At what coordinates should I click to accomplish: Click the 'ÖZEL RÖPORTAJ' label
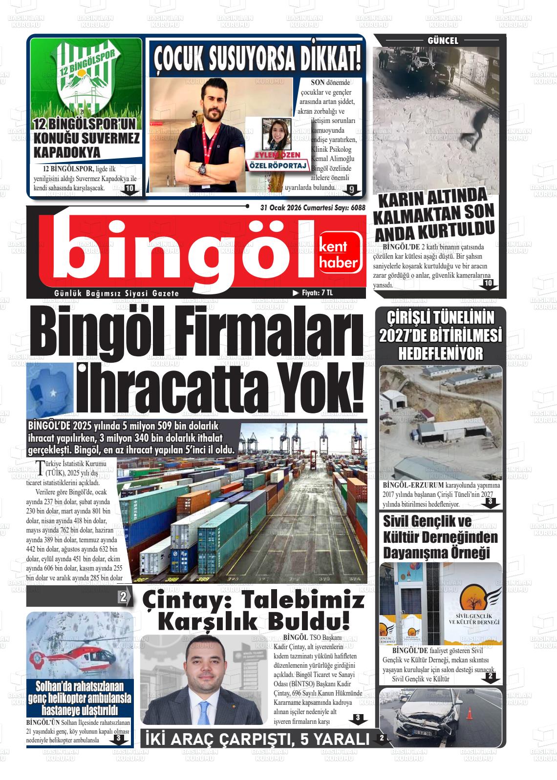[278, 166]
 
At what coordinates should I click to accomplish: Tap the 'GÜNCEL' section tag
[443, 41]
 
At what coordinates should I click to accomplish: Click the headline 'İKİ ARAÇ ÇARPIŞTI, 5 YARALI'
[258, 739]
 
